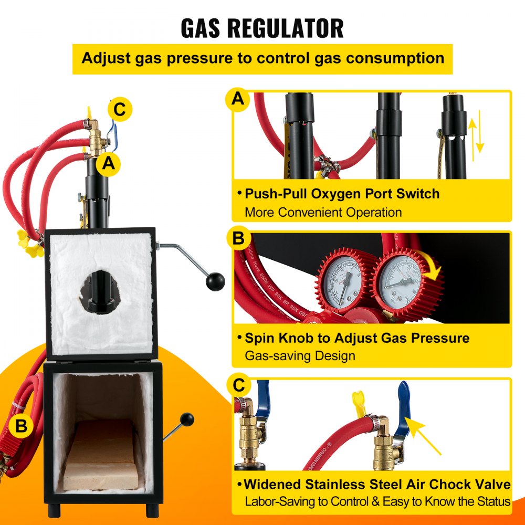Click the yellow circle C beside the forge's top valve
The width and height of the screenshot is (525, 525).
coord(120,110)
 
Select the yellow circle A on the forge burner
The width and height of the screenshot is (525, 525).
coord(108,163)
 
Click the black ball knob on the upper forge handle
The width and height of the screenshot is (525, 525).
coord(215,282)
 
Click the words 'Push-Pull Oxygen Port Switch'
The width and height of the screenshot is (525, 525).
coord(342,193)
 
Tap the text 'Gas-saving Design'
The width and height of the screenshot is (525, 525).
coord(300,355)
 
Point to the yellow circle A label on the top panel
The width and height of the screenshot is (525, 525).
coord(238,99)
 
